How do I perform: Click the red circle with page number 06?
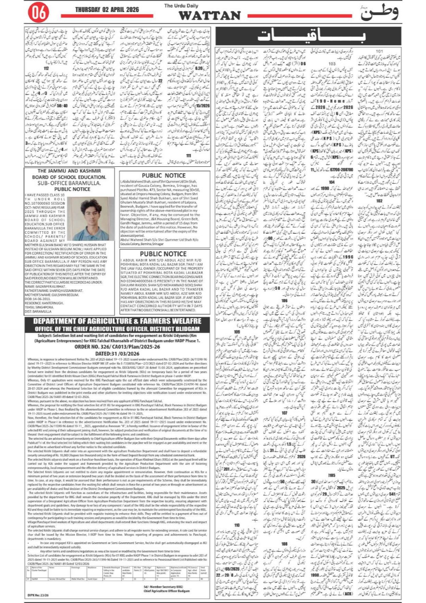38,13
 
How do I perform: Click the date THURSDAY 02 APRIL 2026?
106,9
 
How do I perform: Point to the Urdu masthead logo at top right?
379,13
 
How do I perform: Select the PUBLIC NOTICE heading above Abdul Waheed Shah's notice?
164,175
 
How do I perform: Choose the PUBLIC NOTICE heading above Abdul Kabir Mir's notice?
163,254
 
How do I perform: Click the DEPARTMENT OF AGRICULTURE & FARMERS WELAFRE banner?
117,321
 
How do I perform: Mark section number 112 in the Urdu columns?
46,68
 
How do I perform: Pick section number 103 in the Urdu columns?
332,64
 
